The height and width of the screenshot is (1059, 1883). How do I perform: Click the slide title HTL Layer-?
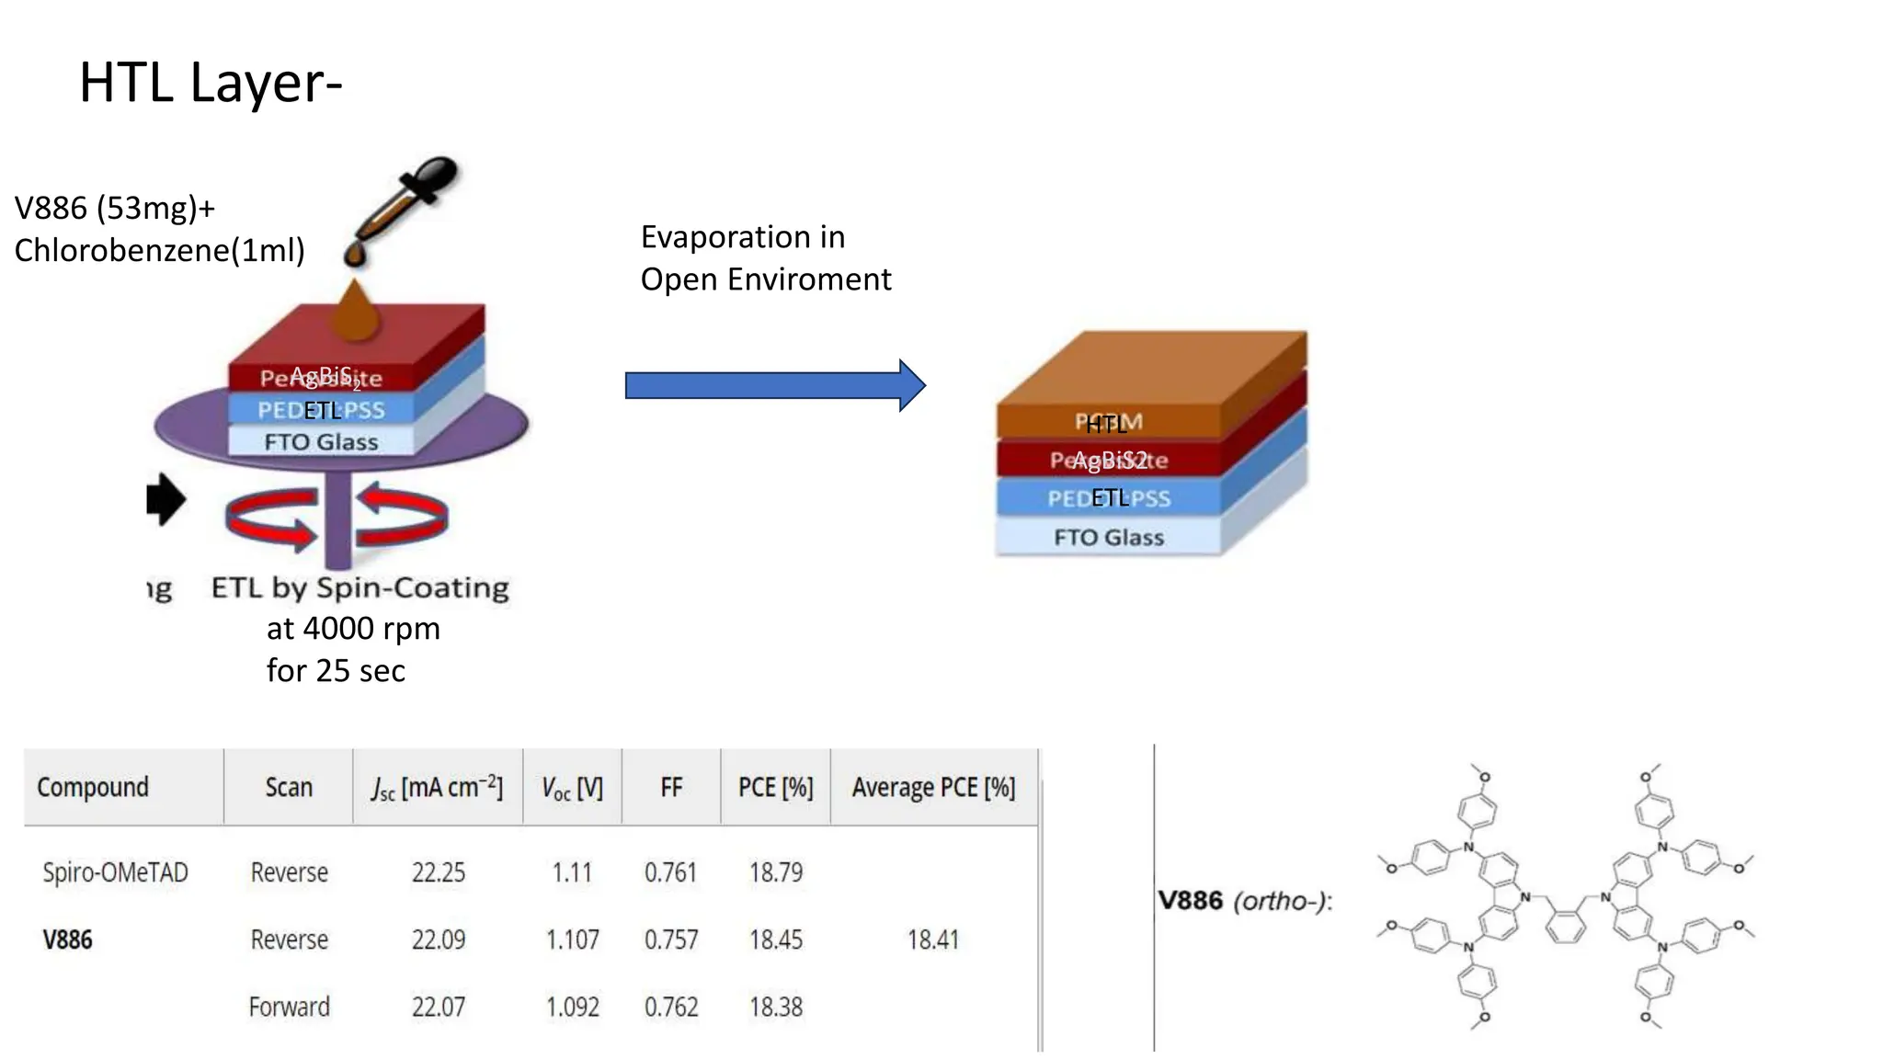coord(211,83)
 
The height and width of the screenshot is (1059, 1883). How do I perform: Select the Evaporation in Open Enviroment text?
coord(765,258)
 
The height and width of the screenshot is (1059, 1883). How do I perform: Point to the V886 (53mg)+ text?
coord(115,209)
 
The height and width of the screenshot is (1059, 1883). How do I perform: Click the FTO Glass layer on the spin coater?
coord(321,442)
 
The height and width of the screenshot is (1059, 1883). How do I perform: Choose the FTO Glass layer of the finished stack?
coord(1108,538)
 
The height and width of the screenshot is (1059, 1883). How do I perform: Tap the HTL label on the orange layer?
coord(1106,425)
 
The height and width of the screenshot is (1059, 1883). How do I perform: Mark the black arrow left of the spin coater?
coord(166,499)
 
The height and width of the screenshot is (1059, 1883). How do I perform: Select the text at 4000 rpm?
coord(353,629)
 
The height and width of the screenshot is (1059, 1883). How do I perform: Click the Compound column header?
coord(93,788)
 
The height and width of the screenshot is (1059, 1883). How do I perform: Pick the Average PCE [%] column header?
coord(933,788)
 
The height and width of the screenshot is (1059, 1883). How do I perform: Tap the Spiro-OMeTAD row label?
coord(115,872)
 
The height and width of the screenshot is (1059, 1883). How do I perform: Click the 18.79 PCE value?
coord(776,872)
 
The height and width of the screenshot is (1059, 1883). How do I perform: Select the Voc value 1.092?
coord(572,1008)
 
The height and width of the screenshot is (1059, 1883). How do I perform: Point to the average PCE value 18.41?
coord(932,939)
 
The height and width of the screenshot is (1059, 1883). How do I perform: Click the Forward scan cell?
coord(289,1008)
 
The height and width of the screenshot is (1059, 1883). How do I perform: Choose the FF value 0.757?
coord(671,939)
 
